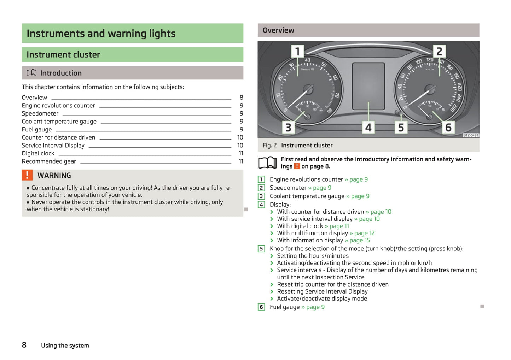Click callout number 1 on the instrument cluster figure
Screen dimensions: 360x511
(x=297, y=52)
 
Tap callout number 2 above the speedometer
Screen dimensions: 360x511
(x=439, y=52)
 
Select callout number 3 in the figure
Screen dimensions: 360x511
(x=288, y=127)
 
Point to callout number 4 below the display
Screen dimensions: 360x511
(x=368, y=127)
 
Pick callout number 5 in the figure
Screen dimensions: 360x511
(x=401, y=127)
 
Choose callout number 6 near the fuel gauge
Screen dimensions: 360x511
(x=448, y=127)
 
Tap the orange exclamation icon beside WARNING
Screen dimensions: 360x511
(x=27, y=175)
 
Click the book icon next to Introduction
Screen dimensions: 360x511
(x=31, y=73)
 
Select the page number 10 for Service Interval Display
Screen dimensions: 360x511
(x=240, y=145)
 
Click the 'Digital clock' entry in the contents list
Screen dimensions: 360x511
(x=38, y=153)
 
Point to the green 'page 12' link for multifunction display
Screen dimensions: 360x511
(x=364, y=233)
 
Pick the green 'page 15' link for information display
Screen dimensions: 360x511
(x=360, y=240)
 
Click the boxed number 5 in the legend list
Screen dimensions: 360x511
(x=261, y=249)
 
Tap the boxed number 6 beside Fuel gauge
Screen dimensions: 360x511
(x=261, y=307)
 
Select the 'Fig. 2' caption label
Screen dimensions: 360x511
(x=269, y=145)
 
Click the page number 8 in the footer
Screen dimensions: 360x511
(x=24, y=345)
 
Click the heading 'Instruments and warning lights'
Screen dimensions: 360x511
(x=101, y=33)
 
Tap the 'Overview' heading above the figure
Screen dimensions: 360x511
(x=278, y=30)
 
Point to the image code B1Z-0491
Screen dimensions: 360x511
(x=471, y=135)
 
